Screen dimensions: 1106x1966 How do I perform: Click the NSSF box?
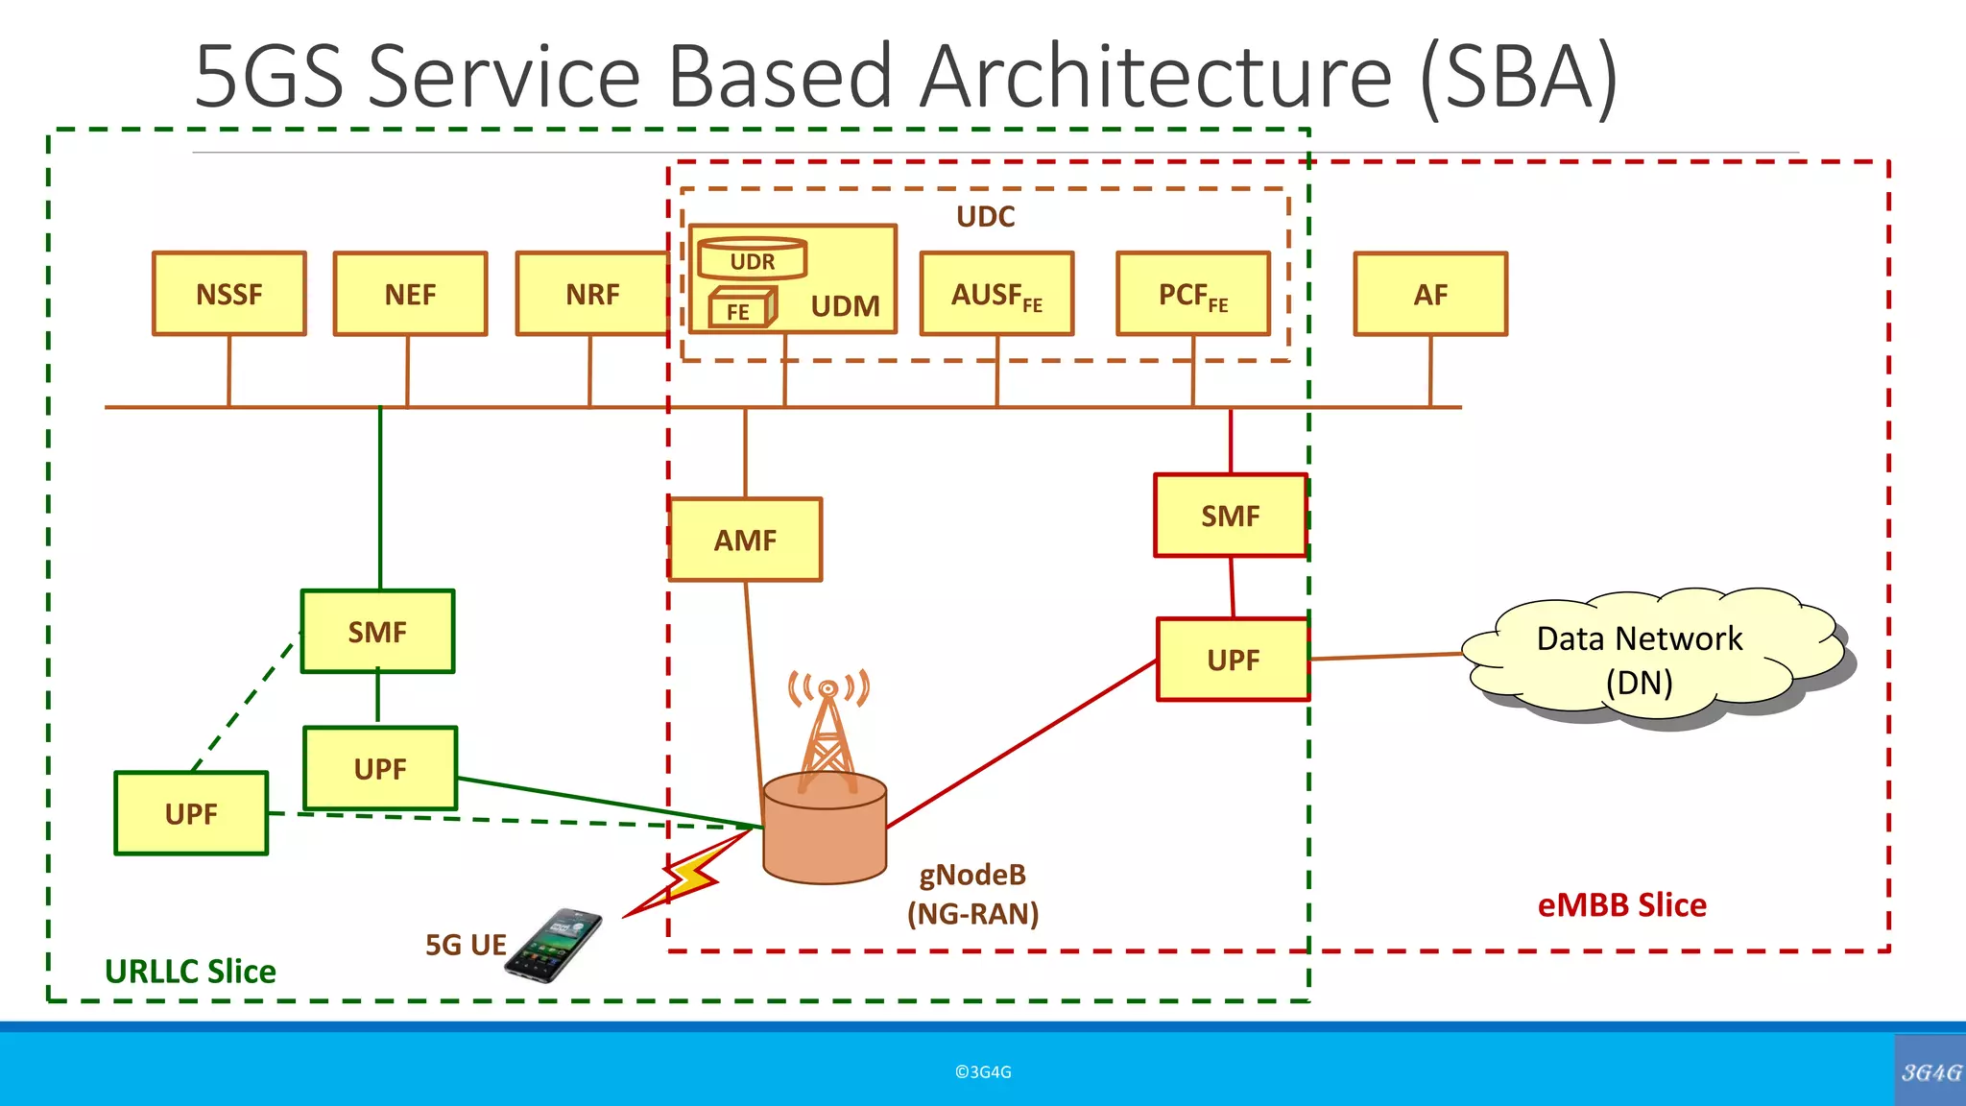(229, 294)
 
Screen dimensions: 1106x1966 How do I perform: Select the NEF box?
(410, 294)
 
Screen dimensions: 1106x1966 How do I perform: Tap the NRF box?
(592, 294)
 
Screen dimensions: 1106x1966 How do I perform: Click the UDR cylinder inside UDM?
(753, 259)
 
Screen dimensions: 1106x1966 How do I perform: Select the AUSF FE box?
(996, 294)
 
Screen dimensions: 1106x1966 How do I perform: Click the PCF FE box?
(1193, 294)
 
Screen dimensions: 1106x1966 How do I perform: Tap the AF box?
(1430, 294)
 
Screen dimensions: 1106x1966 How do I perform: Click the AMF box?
(746, 540)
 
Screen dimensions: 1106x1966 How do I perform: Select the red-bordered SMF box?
(1231, 516)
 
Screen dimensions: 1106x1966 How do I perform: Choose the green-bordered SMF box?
(377, 632)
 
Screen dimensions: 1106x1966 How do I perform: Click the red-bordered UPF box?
(1234, 660)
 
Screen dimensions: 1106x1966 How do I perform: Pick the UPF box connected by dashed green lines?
(191, 813)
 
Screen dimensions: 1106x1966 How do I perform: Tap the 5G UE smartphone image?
(555, 945)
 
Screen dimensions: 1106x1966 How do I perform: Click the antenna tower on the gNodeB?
(828, 734)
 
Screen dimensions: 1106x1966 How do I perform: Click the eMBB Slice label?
(1622, 904)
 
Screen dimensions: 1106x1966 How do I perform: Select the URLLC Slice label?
(190, 971)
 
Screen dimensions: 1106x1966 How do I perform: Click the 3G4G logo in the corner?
(1930, 1071)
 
